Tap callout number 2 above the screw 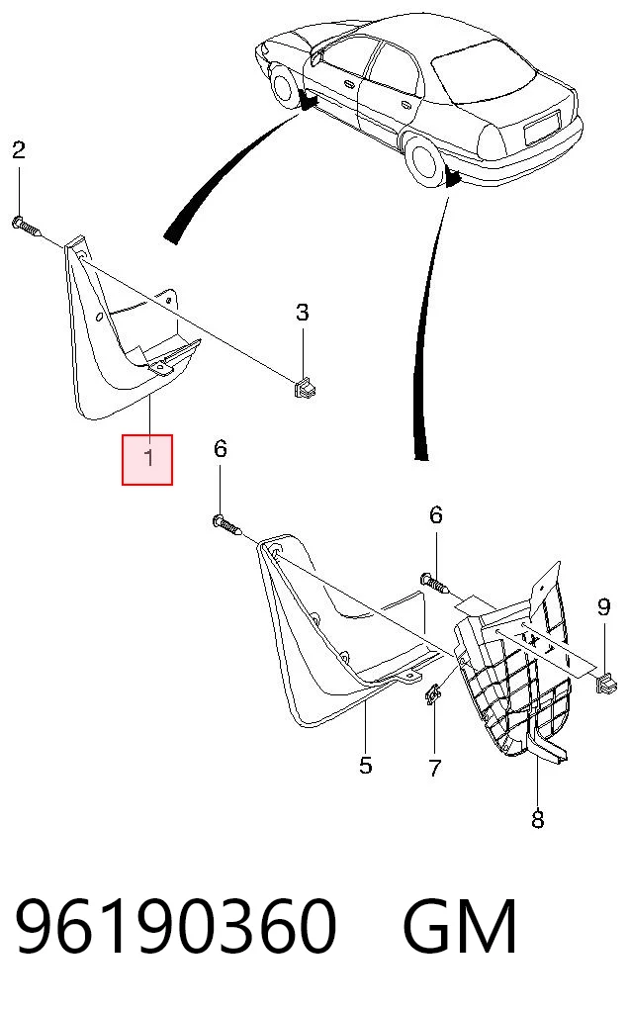point(19,149)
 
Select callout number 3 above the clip point(303,313)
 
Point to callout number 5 point(365,766)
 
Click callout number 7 point(434,768)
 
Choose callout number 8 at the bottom point(537,819)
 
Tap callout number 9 point(603,607)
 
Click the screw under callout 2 point(26,227)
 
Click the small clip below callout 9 point(606,683)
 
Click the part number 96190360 point(175,927)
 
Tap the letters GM point(460,927)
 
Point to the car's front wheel point(283,83)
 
